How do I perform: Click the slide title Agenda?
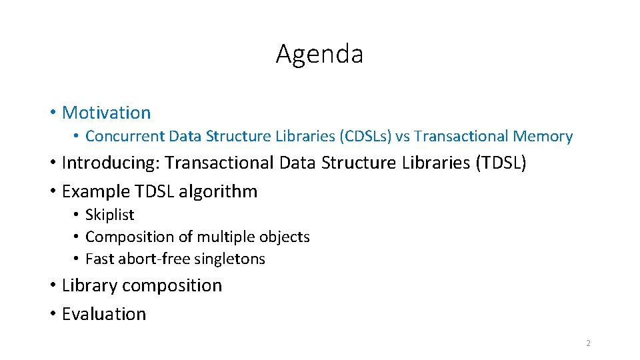pyautogui.click(x=319, y=54)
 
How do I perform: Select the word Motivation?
pyautogui.click(x=106, y=113)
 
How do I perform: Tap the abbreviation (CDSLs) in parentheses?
pyautogui.click(x=366, y=137)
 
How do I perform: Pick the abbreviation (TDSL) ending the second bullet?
pyautogui.click(x=501, y=163)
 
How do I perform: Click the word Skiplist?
pyautogui.click(x=110, y=215)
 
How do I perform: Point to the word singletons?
pyautogui.click(x=231, y=259)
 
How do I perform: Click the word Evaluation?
pyautogui.click(x=103, y=314)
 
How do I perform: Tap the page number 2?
pyautogui.click(x=588, y=343)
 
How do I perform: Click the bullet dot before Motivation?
pyautogui.click(x=52, y=113)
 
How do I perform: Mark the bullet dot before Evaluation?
pyautogui.click(x=52, y=314)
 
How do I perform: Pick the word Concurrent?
pyautogui.click(x=125, y=137)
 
